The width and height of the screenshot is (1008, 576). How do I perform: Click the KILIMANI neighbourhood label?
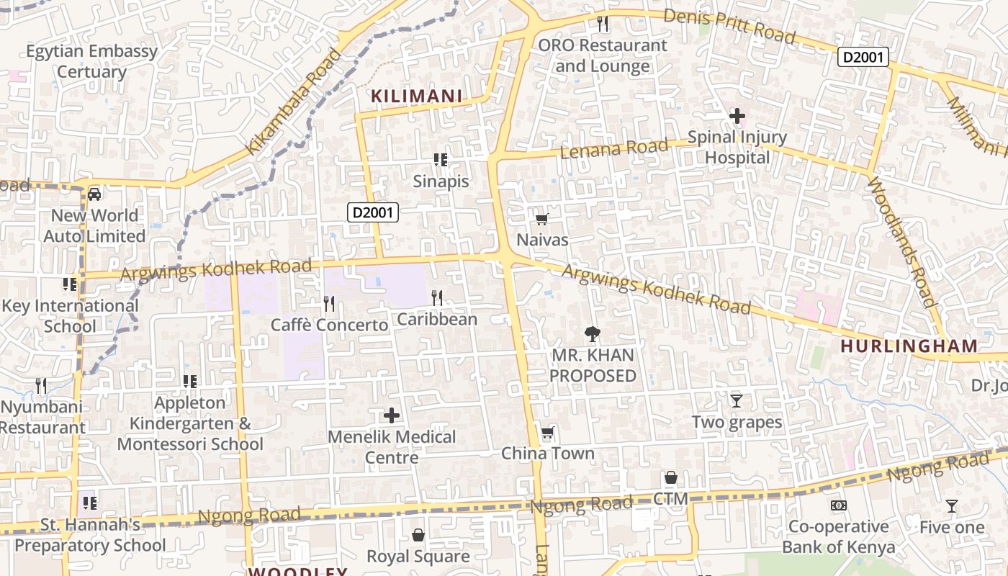(416, 96)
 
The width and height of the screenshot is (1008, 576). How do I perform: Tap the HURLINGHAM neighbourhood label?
(909, 346)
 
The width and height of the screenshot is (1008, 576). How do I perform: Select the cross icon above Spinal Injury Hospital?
(737, 115)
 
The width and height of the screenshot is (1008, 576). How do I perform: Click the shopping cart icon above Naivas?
(541, 219)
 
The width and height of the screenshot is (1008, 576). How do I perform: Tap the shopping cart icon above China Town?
(548, 433)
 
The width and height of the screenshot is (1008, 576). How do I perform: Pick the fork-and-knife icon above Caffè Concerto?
(329, 303)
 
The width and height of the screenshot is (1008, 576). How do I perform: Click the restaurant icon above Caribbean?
(436, 297)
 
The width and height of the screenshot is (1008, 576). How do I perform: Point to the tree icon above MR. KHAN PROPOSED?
(593, 333)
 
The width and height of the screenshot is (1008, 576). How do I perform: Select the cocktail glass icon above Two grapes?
(736, 401)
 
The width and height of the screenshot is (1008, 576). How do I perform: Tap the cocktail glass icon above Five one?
(952, 506)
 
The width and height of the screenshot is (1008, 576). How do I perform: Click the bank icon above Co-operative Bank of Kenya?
(838, 505)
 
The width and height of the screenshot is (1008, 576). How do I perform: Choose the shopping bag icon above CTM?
(670, 477)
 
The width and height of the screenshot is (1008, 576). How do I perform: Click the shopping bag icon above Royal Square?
(418, 535)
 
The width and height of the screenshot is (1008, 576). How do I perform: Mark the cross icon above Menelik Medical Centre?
(392, 415)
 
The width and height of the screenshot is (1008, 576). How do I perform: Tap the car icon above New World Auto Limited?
(94, 194)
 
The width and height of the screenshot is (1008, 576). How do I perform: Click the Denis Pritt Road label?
(729, 26)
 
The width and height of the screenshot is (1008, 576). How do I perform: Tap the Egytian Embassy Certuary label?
(91, 61)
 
